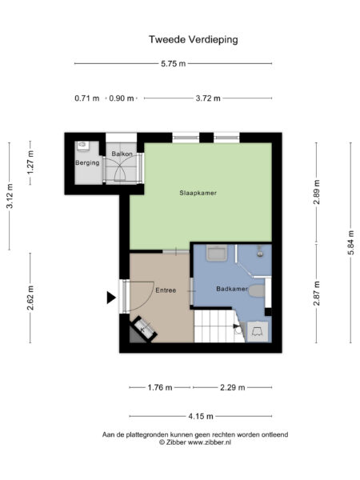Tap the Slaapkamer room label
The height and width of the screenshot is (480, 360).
[x=198, y=193]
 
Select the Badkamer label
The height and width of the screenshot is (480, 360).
[x=230, y=288]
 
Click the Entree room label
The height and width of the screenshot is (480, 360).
[x=166, y=290]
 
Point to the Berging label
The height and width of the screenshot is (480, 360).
[x=86, y=163]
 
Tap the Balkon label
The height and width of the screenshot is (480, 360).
[x=122, y=153]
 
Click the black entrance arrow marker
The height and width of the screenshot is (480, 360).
[x=111, y=298]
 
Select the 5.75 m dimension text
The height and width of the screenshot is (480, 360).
[x=172, y=63]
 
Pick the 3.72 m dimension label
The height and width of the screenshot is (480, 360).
[x=208, y=98]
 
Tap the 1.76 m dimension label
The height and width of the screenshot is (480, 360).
[x=160, y=387]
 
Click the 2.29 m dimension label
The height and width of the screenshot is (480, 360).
[x=232, y=387]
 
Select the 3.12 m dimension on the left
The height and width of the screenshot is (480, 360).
[x=10, y=195]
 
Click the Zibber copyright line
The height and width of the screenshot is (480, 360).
[x=194, y=442]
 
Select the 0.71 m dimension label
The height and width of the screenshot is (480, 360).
[x=87, y=98]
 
